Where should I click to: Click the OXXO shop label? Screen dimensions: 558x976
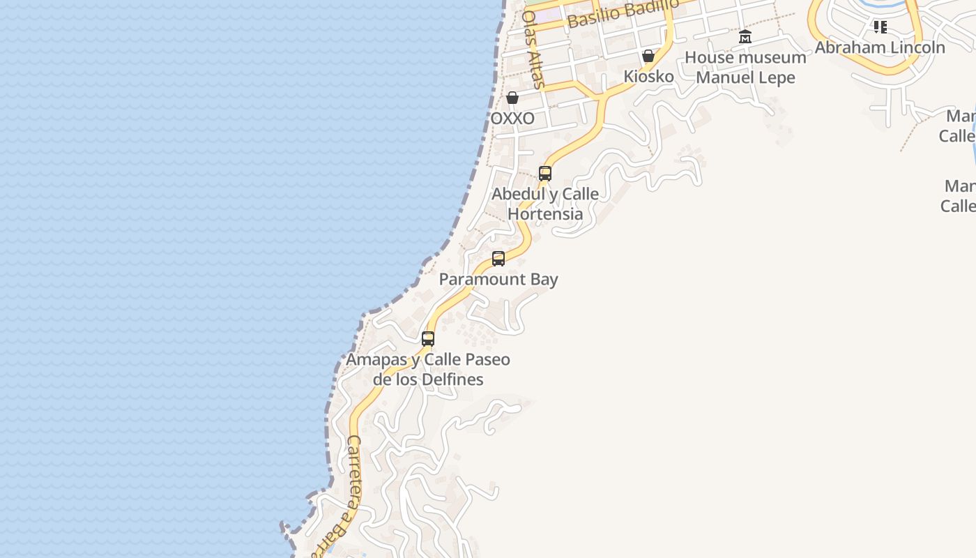click(512, 119)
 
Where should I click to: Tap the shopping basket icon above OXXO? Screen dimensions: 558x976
click(512, 98)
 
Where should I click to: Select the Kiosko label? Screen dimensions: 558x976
click(648, 77)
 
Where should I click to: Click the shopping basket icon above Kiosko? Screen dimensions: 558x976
click(648, 56)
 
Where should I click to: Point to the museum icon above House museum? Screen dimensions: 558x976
click(745, 37)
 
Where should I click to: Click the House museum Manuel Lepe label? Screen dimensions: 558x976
click(745, 68)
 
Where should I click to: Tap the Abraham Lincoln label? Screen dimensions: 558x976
click(880, 47)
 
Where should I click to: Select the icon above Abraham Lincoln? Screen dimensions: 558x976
click(880, 27)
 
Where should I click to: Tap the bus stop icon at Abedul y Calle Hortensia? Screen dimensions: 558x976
click(545, 173)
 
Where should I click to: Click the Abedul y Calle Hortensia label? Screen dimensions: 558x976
click(545, 204)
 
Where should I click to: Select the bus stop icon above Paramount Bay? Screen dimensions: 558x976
click(498, 259)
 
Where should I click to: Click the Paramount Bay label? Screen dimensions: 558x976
click(498, 280)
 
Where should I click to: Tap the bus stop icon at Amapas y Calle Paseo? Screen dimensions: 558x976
click(428, 339)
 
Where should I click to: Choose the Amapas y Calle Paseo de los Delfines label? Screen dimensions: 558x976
click(428, 370)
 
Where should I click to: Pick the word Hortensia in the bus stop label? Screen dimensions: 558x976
click(545, 214)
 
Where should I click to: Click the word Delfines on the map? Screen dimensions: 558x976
click(450, 380)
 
